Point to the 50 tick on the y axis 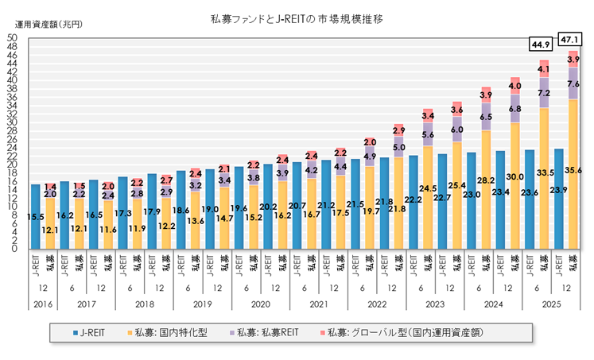13,37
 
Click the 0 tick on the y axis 15,249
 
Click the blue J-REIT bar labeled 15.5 35,216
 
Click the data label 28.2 487,180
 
